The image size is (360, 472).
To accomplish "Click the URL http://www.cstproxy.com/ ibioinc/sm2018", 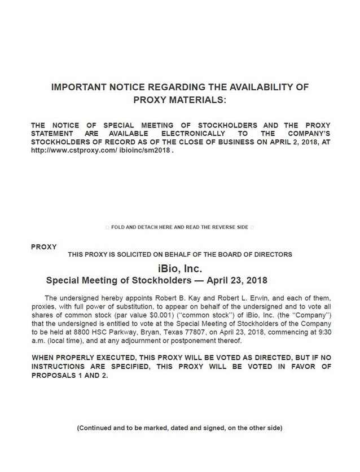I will coord(101,152).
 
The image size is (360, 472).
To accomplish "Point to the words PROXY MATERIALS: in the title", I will coord(179,100).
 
